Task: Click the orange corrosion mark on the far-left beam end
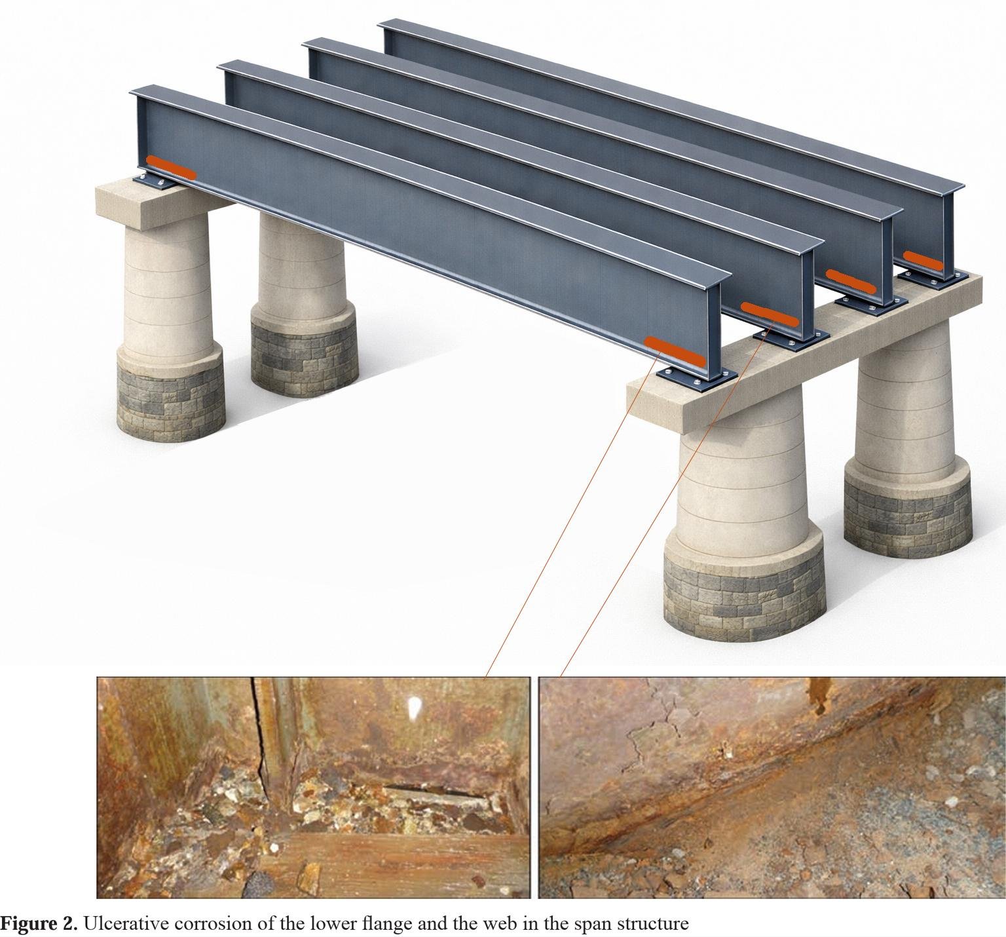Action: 170,168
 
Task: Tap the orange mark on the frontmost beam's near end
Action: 675,350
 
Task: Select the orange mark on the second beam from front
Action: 770,315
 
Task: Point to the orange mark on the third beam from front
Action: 851,280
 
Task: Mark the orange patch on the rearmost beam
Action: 923,259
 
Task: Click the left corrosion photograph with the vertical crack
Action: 313,788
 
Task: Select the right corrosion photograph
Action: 772,788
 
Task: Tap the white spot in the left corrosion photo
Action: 414,707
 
